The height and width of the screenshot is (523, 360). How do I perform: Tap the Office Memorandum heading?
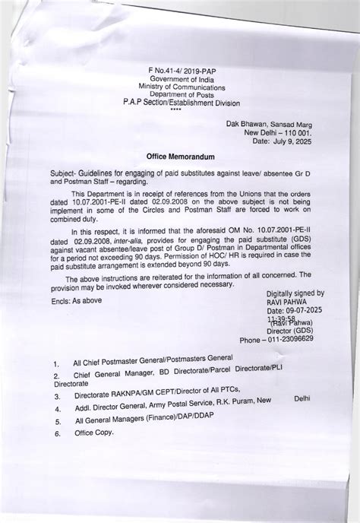[179, 154]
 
